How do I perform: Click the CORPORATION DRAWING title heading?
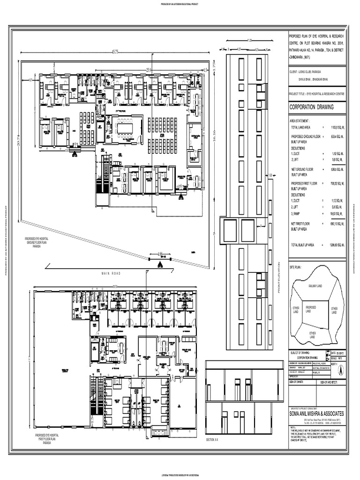click(x=312, y=107)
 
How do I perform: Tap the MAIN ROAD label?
click(x=111, y=273)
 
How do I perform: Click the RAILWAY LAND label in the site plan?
click(x=315, y=285)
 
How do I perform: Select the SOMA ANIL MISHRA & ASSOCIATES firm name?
click(x=317, y=414)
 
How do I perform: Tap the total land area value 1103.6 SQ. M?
click(x=337, y=127)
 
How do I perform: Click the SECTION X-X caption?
click(x=213, y=440)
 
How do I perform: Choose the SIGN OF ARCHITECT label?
click(x=330, y=382)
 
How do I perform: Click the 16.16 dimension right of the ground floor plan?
click(x=214, y=139)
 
